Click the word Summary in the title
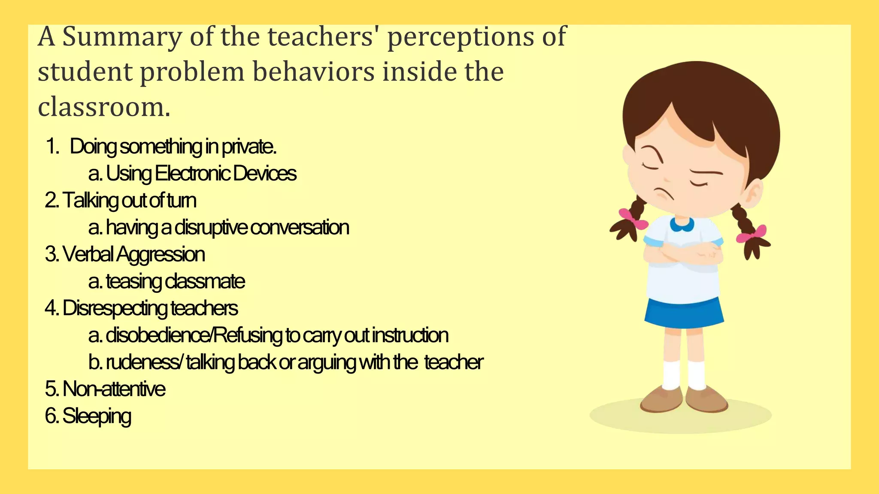122,37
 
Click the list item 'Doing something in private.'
173,147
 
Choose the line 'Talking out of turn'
121,201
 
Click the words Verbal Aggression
133,254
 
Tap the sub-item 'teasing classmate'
175,282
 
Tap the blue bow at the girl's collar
682,224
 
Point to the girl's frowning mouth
663,194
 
